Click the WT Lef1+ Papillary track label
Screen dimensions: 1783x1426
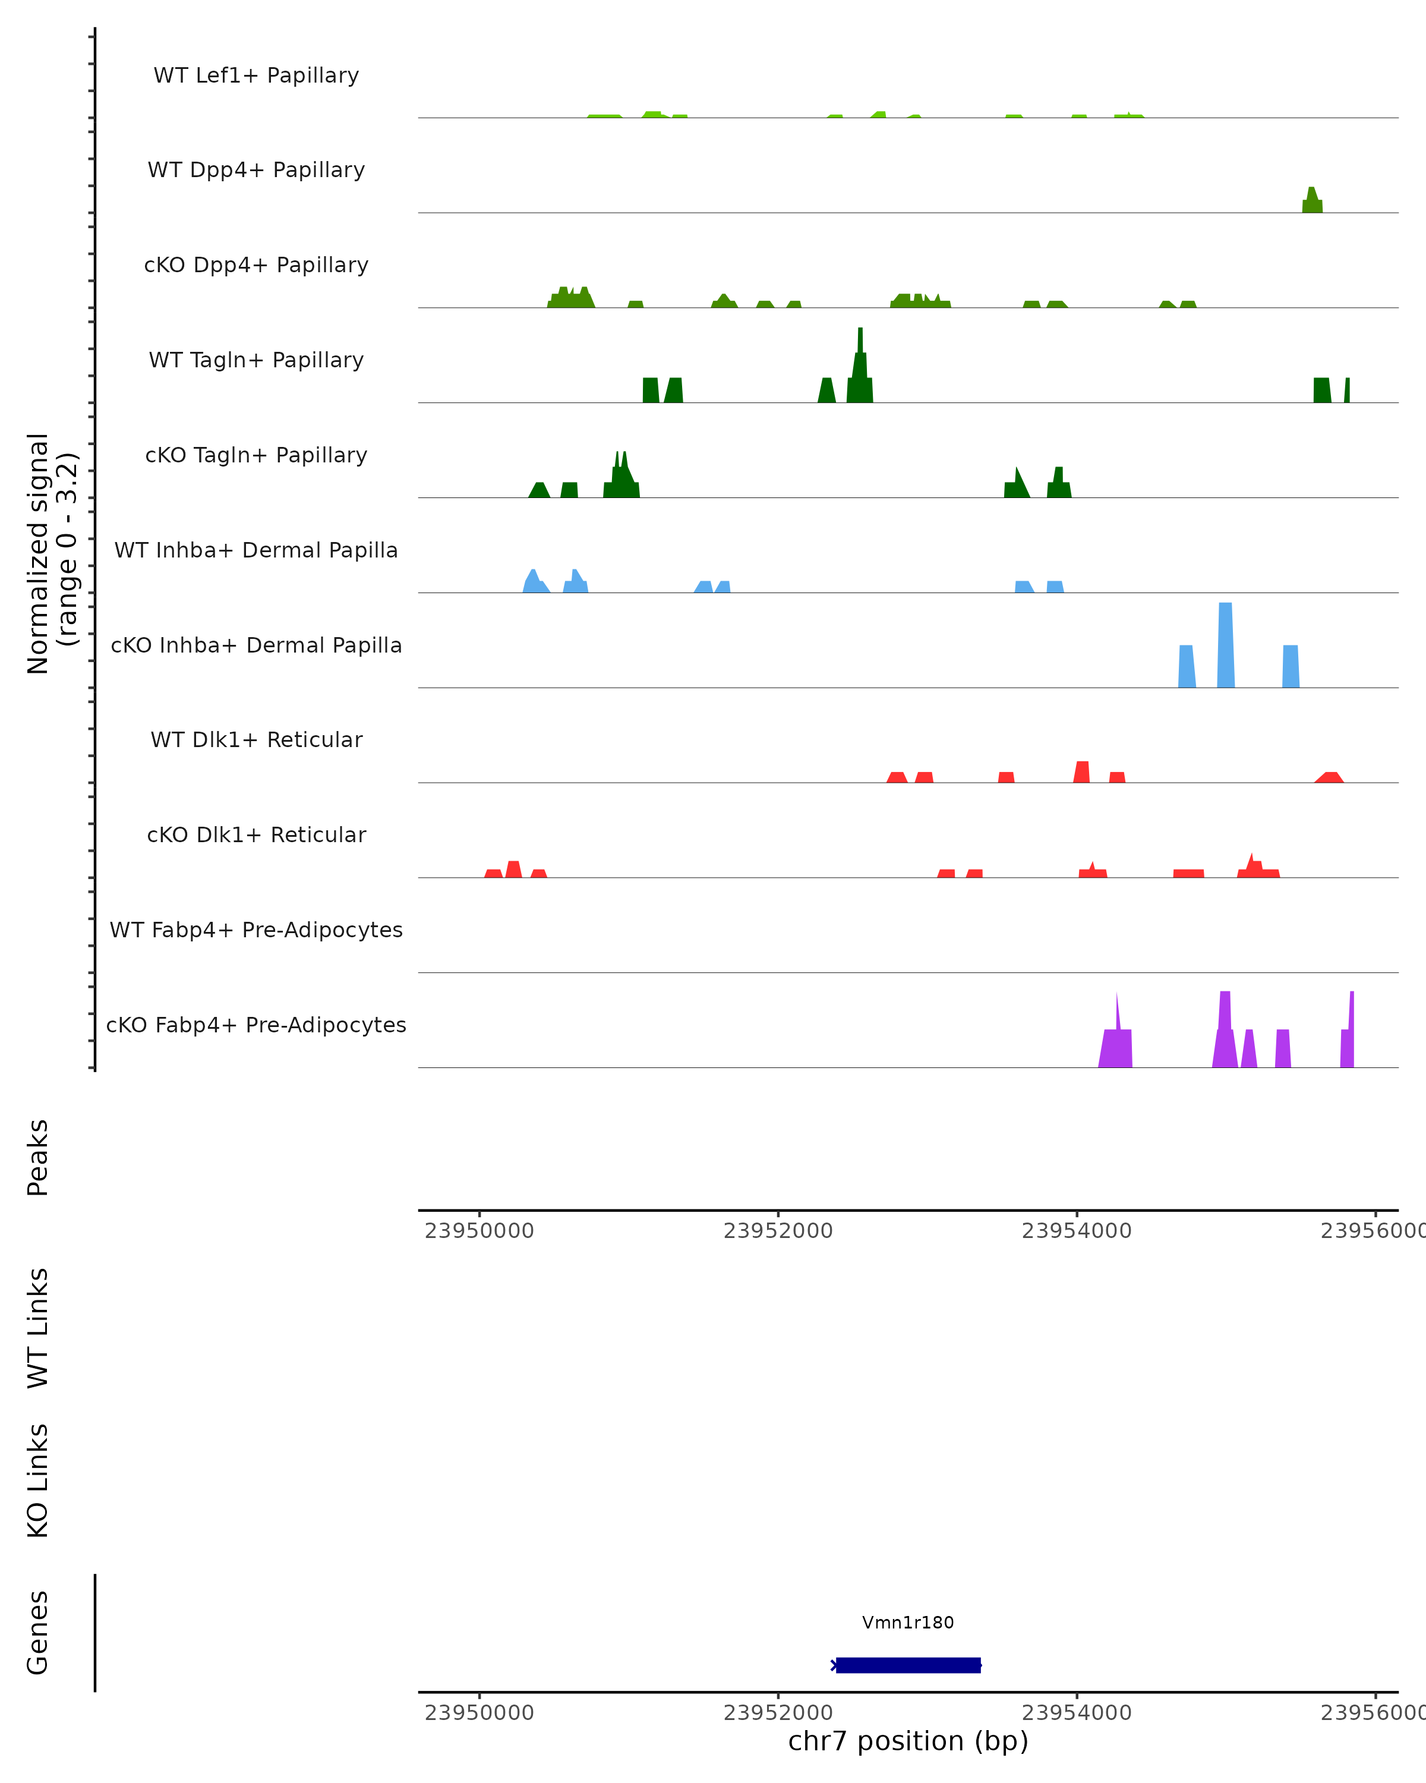(x=256, y=75)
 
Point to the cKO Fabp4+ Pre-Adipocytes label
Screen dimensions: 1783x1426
(x=256, y=1025)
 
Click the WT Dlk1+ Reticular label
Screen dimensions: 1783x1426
(x=256, y=739)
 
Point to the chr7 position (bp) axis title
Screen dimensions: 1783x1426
(x=908, y=1741)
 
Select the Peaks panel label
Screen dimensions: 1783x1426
(x=38, y=1157)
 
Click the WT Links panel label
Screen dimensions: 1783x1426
(x=38, y=1327)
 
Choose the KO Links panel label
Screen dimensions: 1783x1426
(x=38, y=1480)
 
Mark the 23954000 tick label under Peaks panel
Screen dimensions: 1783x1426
(x=1076, y=1231)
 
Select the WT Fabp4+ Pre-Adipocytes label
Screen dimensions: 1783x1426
(x=256, y=930)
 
